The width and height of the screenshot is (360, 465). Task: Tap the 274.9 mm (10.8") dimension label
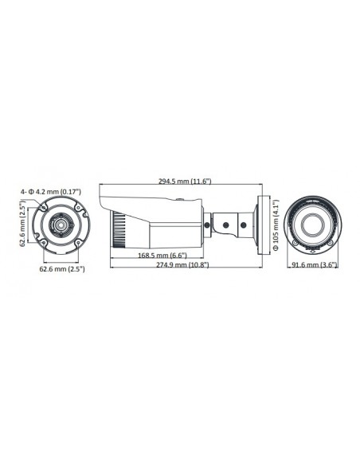(x=182, y=265)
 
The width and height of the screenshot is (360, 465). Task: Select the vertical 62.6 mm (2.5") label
(x=24, y=224)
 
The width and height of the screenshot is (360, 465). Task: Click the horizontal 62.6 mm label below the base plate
(x=62, y=269)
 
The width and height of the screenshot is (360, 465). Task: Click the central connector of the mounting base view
(x=61, y=225)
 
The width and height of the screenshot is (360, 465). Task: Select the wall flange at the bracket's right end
(x=257, y=224)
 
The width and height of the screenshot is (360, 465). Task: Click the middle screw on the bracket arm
(x=226, y=226)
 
